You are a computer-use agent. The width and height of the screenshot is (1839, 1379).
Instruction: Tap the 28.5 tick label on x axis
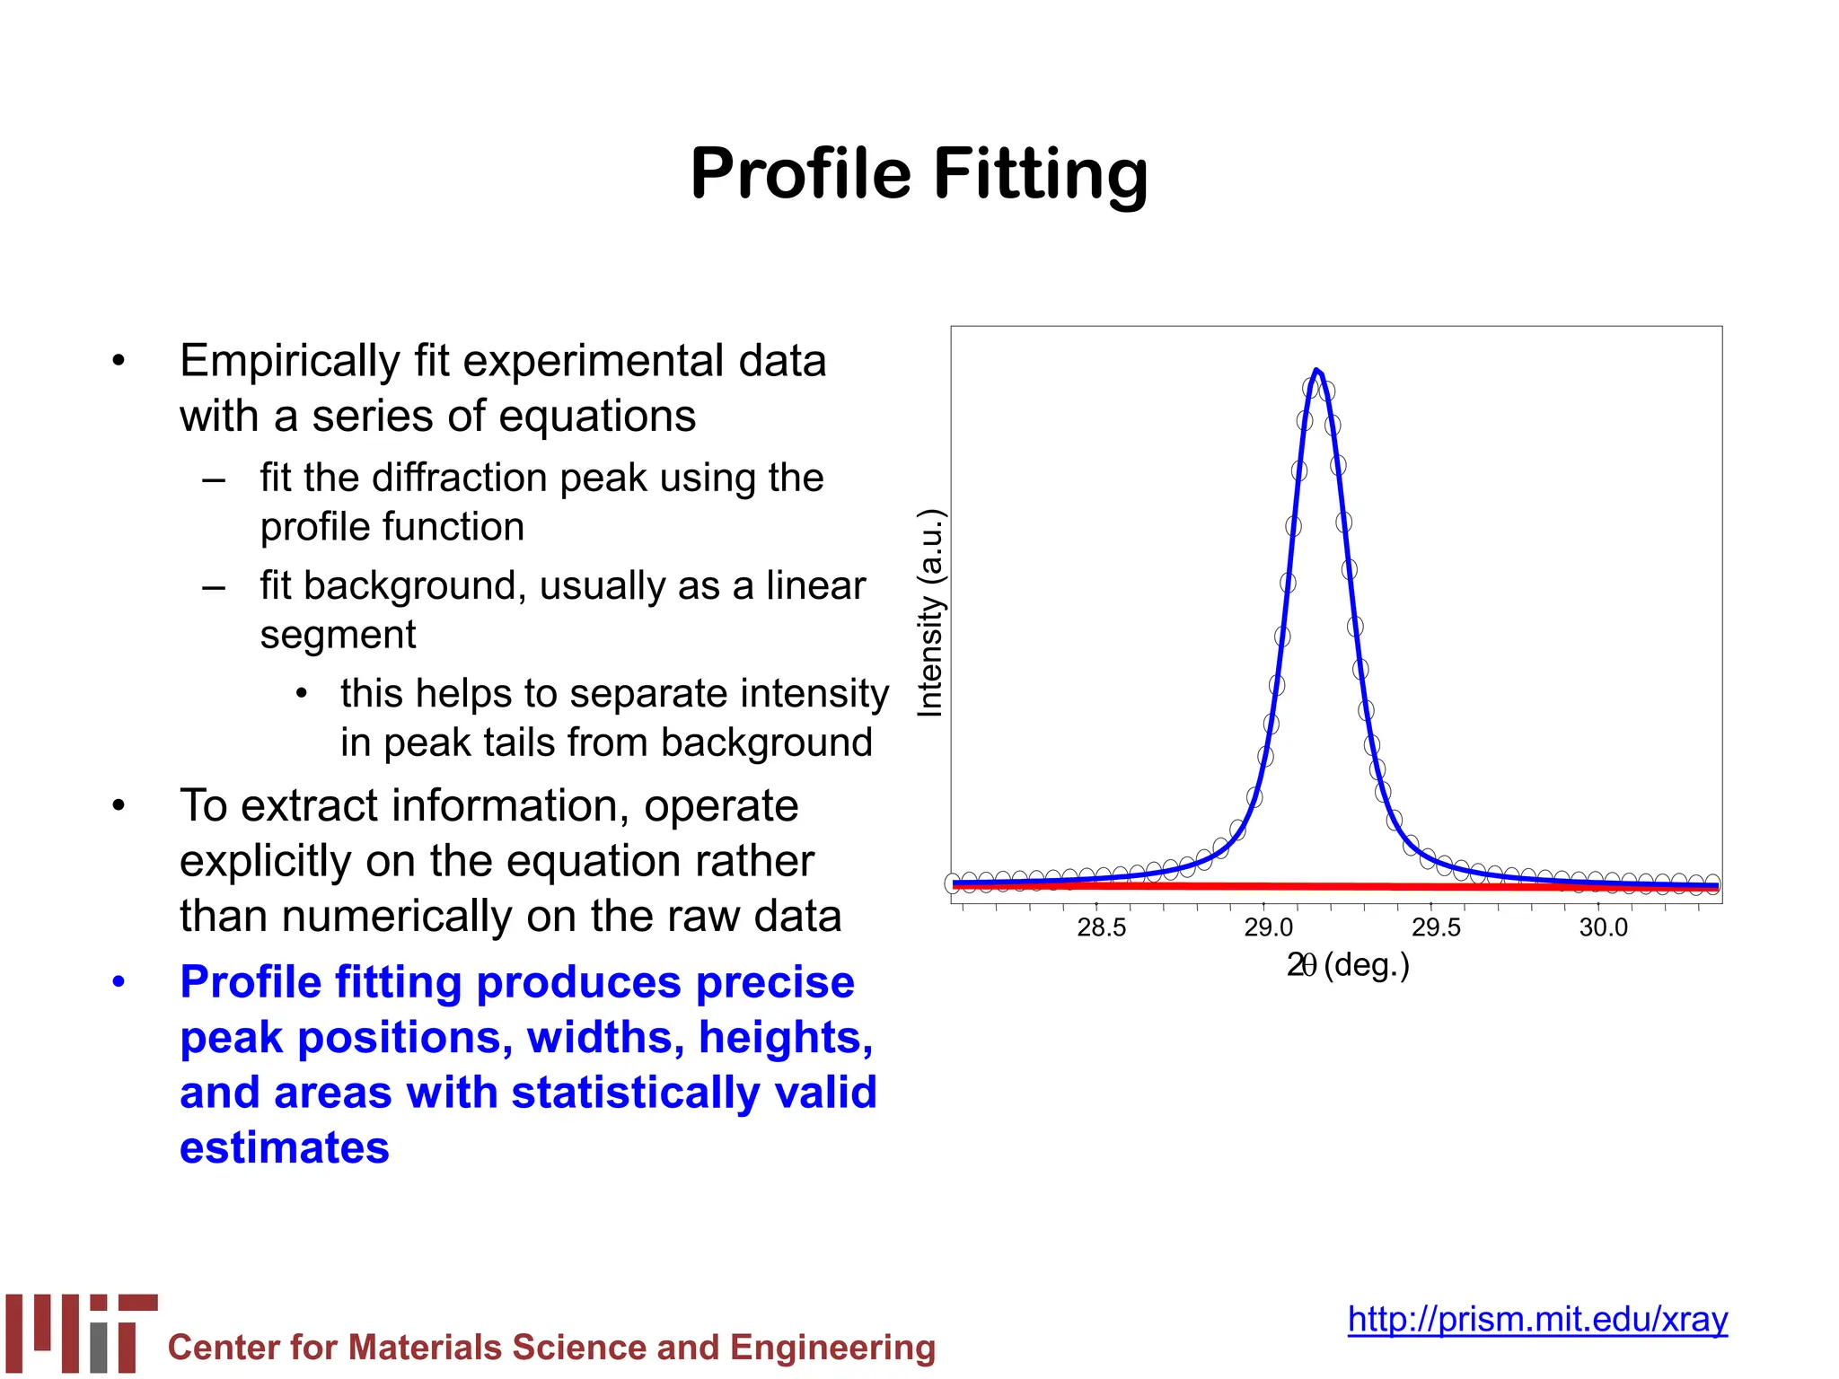pyautogui.click(x=1101, y=927)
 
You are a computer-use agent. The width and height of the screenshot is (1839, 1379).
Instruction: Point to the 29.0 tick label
pyautogui.click(x=1268, y=927)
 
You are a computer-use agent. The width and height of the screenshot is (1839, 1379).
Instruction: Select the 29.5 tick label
pyautogui.click(x=1436, y=927)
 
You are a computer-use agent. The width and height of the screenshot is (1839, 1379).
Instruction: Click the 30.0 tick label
pyautogui.click(x=1603, y=927)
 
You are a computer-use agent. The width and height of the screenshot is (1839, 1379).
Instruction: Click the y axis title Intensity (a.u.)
pyautogui.click(x=930, y=613)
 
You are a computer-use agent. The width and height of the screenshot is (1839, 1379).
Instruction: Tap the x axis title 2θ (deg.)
pyautogui.click(x=1347, y=965)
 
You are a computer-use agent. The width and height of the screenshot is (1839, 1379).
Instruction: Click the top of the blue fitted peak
pyautogui.click(x=1315, y=371)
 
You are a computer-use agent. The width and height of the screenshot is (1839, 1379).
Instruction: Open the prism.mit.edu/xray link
pyautogui.click(x=1536, y=1319)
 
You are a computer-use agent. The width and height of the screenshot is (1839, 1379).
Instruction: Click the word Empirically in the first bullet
pyautogui.click(x=289, y=361)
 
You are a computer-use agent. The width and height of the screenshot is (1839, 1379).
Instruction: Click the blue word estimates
pyautogui.click(x=284, y=1147)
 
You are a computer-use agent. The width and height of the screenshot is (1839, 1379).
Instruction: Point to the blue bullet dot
pyautogui.click(x=119, y=981)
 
